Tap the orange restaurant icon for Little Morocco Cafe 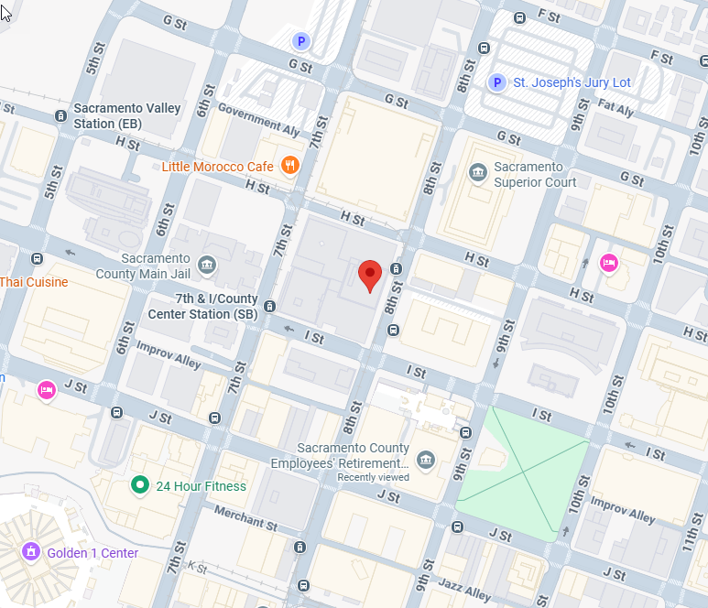point(290,166)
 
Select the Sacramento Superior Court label point(535,174)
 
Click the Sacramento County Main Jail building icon point(207,266)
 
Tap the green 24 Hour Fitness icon point(139,485)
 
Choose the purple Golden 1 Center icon point(31,552)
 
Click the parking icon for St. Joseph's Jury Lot point(496,83)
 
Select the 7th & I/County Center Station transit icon point(269,306)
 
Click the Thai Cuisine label point(34,282)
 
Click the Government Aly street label point(260,122)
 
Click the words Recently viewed point(373,477)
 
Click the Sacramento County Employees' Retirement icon point(425,459)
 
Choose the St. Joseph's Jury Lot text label point(572,82)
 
